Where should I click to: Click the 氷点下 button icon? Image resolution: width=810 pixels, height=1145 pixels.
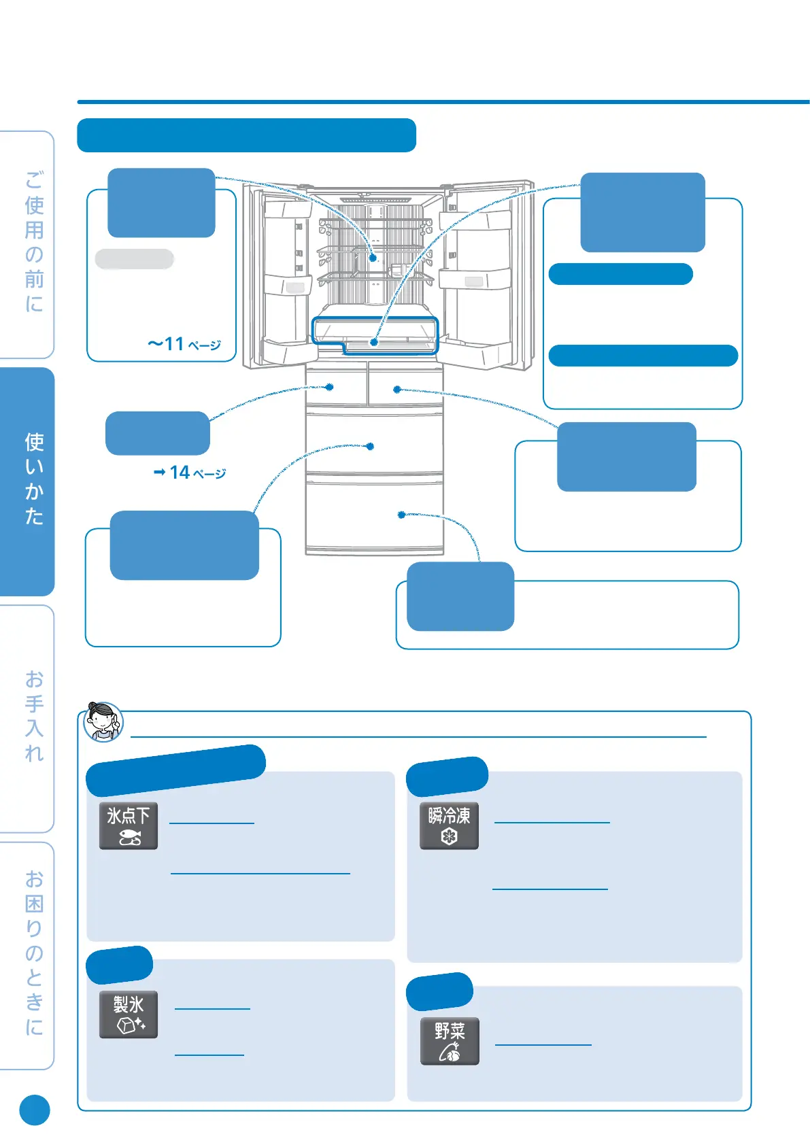coord(129,826)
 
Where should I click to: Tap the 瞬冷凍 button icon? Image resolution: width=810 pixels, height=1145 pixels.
coord(449,826)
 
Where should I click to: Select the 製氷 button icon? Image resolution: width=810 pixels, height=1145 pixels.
coord(129,1014)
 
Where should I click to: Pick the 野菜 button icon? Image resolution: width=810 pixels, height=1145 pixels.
coord(450,1041)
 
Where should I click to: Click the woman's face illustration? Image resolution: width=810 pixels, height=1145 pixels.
coord(103,721)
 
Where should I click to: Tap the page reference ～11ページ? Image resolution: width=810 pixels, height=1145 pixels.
coord(184,344)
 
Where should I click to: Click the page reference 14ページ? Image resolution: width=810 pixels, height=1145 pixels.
coord(190,473)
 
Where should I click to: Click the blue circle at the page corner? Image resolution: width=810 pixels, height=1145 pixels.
coord(35,1110)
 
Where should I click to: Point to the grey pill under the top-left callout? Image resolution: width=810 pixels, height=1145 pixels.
coord(135,259)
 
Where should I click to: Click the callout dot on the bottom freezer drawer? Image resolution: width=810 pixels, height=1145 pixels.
coord(401,515)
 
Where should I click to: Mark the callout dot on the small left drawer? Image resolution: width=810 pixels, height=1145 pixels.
coord(330,387)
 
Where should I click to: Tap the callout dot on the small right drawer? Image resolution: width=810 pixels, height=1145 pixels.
coord(397,390)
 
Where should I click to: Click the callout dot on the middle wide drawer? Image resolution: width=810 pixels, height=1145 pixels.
coord(370,447)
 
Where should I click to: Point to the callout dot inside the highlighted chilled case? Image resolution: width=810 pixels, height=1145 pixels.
coord(374,342)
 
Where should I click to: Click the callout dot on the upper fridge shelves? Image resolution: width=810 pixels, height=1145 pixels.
coord(373,258)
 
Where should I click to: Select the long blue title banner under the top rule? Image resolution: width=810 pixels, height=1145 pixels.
coord(246,135)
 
